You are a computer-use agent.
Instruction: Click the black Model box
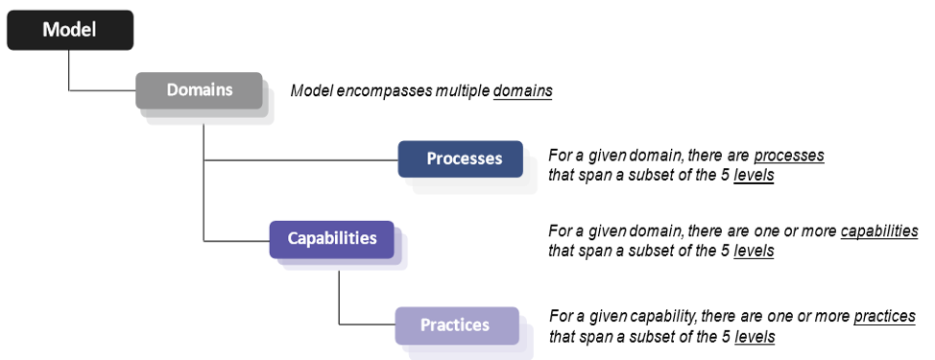pyautogui.click(x=69, y=30)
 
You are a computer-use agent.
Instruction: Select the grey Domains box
pyautogui.click(x=199, y=90)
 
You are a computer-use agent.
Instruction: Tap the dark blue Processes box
pyautogui.click(x=462, y=158)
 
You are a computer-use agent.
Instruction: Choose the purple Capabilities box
pyautogui.click(x=331, y=238)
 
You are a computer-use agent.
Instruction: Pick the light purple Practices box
pyautogui.click(x=456, y=324)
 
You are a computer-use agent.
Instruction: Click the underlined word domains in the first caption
pyautogui.click(x=522, y=91)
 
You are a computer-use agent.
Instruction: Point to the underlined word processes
pyautogui.click(x=788, y=155)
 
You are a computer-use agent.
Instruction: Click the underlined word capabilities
pyautogui.click(x=878, y=231)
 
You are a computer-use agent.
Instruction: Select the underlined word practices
pyautogui.click(x=884, y=317)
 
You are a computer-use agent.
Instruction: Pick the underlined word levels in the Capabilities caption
pyautogui.click(x=754, y=251)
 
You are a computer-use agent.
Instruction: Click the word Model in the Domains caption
pyautogui.click(x=311, y=91)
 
